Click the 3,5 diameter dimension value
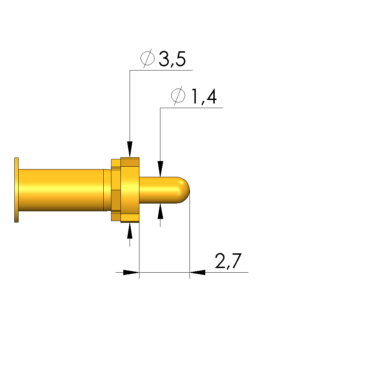(x=172, y=59)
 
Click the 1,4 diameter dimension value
(x=204, y=96)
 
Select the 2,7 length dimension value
(x=228, y=261)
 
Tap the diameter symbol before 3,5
(x=147, y=58)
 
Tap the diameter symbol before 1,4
(x=178, y=95)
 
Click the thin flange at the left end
(x=16, y=190)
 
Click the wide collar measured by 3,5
(x=130, y=190)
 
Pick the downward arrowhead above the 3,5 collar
(x=130, y=149)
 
